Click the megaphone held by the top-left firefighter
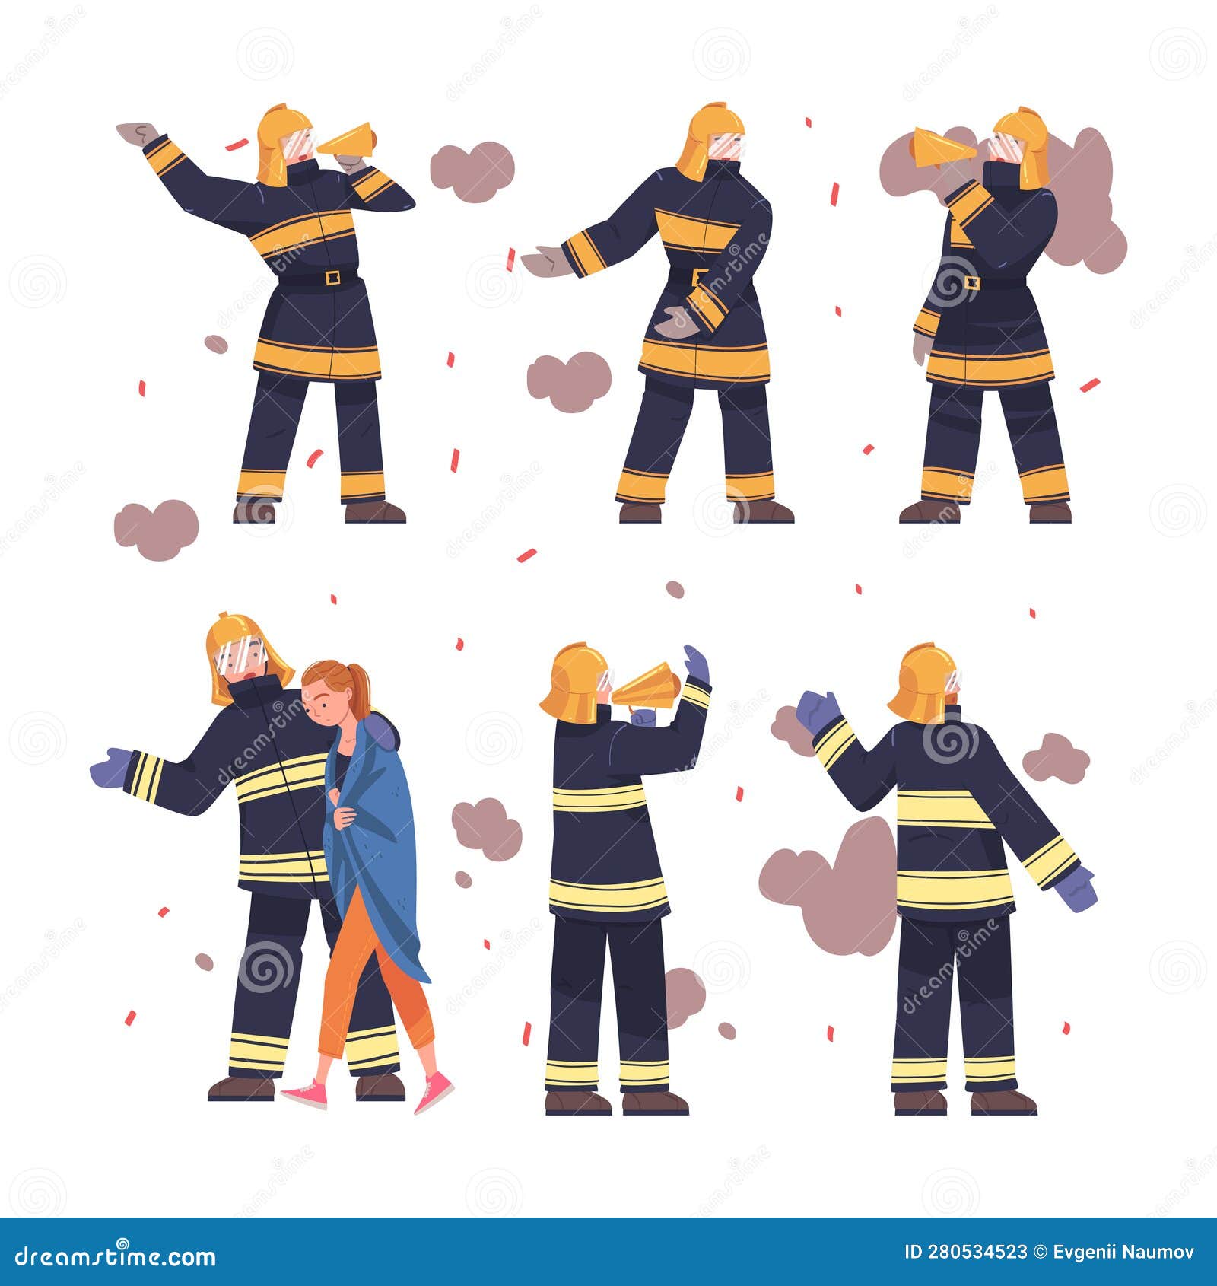pos(348,142)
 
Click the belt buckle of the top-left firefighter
pos(332,278)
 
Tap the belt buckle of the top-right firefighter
pos(971,282)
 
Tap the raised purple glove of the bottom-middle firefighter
pos(696,664)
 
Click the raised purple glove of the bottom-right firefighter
pos(818,711)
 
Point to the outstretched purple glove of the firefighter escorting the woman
pos(110,768)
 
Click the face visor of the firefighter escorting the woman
pos(241,655)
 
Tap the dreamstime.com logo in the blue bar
pos(115,1256)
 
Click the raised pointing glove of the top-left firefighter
pos(138,133)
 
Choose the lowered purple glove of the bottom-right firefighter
pos(1076,888)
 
